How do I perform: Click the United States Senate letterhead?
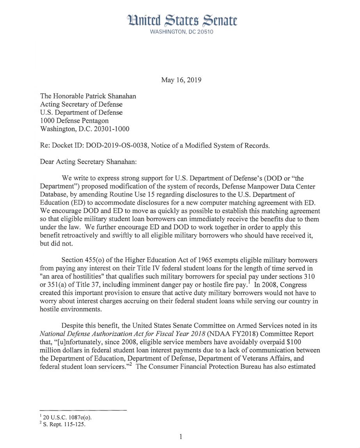[x=181, y=20]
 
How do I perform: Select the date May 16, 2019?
[x=181, y=80]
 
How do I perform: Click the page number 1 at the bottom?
[x=181, y=436]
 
